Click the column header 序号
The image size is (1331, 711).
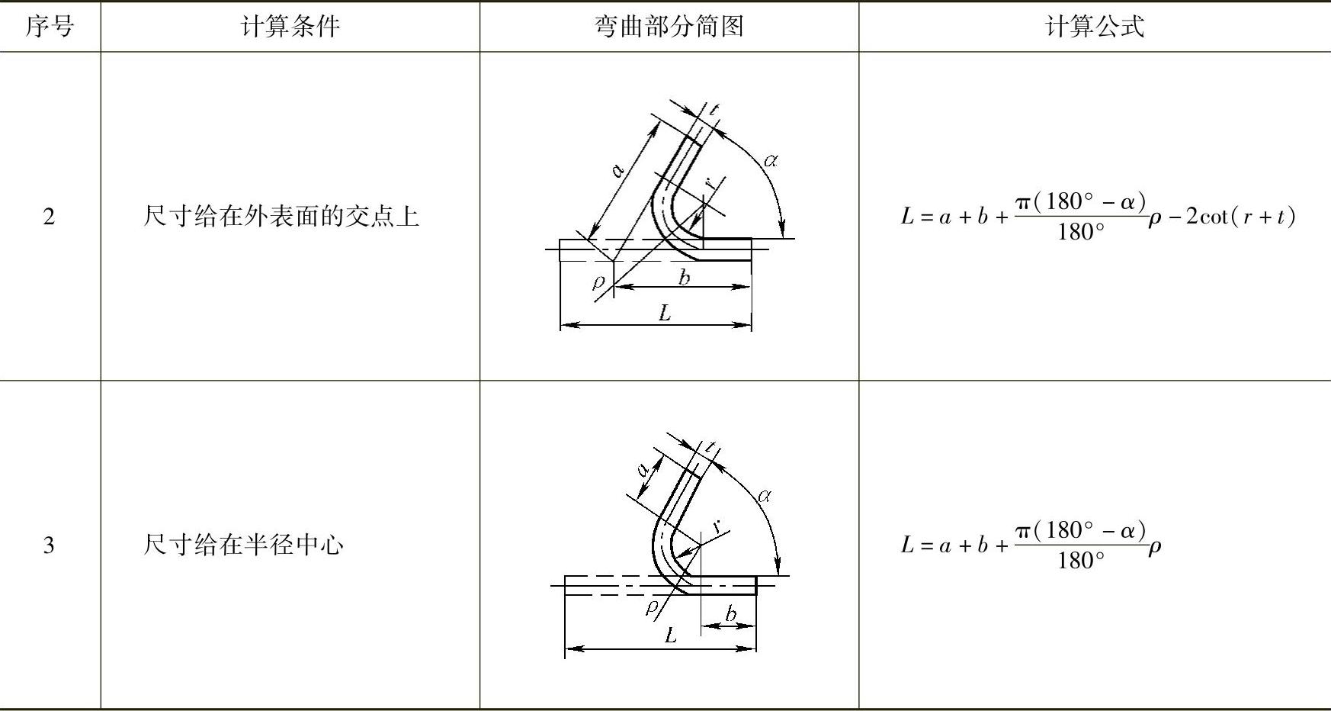coord(50,27)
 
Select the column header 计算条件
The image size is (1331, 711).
coord(290,27)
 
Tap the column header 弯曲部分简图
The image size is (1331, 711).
coord(669,27)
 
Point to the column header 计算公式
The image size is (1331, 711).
coord(1094,27)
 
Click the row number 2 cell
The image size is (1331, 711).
coord(49,217)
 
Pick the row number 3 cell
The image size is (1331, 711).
coord(49,545)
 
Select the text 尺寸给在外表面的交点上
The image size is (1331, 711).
coord(281,217)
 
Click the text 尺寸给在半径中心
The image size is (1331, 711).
coord(243,545)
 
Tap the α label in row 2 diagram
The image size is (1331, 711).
coord(771,160)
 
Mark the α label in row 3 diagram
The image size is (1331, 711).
coord(765,496)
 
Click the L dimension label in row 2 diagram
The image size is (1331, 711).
coord(665,313)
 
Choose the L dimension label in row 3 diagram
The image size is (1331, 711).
coord(670,635)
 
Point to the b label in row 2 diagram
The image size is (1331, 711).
coord(684,277)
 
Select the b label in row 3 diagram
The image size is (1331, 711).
coord(731,613)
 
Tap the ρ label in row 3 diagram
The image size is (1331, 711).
coord(651,607)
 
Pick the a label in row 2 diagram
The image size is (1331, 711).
coord(619,169)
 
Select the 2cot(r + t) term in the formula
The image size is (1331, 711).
coord(1240,217)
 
